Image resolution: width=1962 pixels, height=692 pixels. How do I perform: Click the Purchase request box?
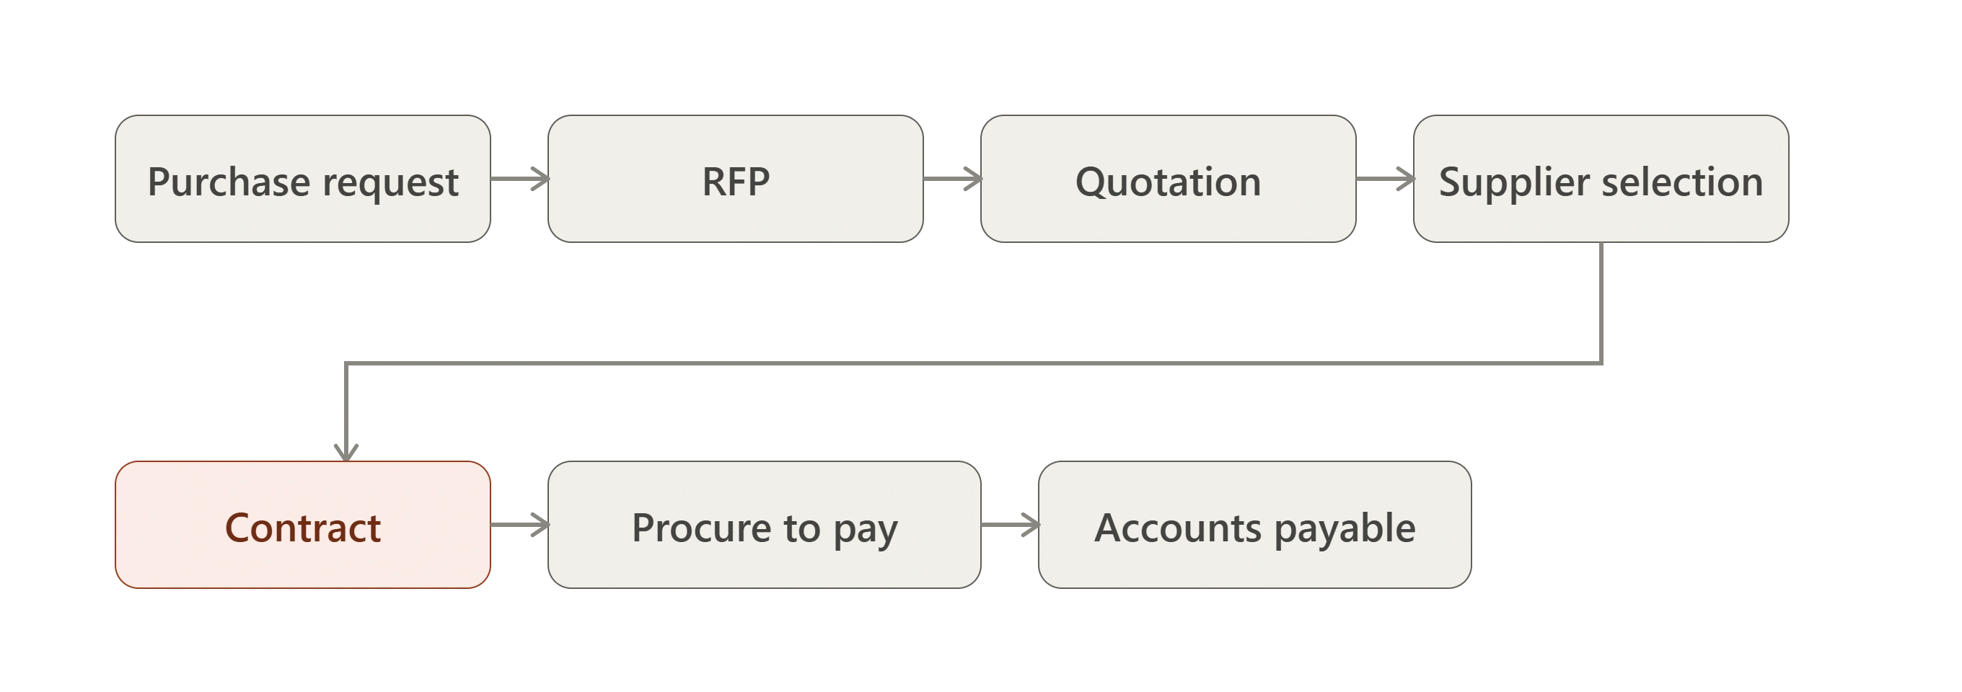coord(302,179)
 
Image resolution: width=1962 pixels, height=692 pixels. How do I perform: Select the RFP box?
coord(735,179)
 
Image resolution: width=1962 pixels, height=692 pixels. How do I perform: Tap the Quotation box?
coord(1168,179)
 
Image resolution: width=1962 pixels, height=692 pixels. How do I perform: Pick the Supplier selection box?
coord(1601,179)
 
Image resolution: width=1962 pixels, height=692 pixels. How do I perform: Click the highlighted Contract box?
coord(302,525)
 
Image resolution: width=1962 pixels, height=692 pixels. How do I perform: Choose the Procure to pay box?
coord(764,525)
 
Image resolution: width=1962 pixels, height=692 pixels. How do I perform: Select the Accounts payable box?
coord(1254,525)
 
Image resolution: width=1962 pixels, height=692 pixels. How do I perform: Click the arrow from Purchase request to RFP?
coord(519,179)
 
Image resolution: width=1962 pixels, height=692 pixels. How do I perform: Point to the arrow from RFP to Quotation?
coord(952,179)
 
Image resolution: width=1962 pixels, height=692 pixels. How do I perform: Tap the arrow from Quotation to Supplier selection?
coord(1385,179)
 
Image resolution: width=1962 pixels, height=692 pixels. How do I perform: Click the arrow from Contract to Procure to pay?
coord(519,525)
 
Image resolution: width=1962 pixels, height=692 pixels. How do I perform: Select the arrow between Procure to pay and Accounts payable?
coord(1010,525)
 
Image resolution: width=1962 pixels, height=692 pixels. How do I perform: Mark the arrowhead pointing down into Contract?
coord(346,453)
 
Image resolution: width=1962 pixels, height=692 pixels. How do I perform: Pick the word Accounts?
coord(1178,528)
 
